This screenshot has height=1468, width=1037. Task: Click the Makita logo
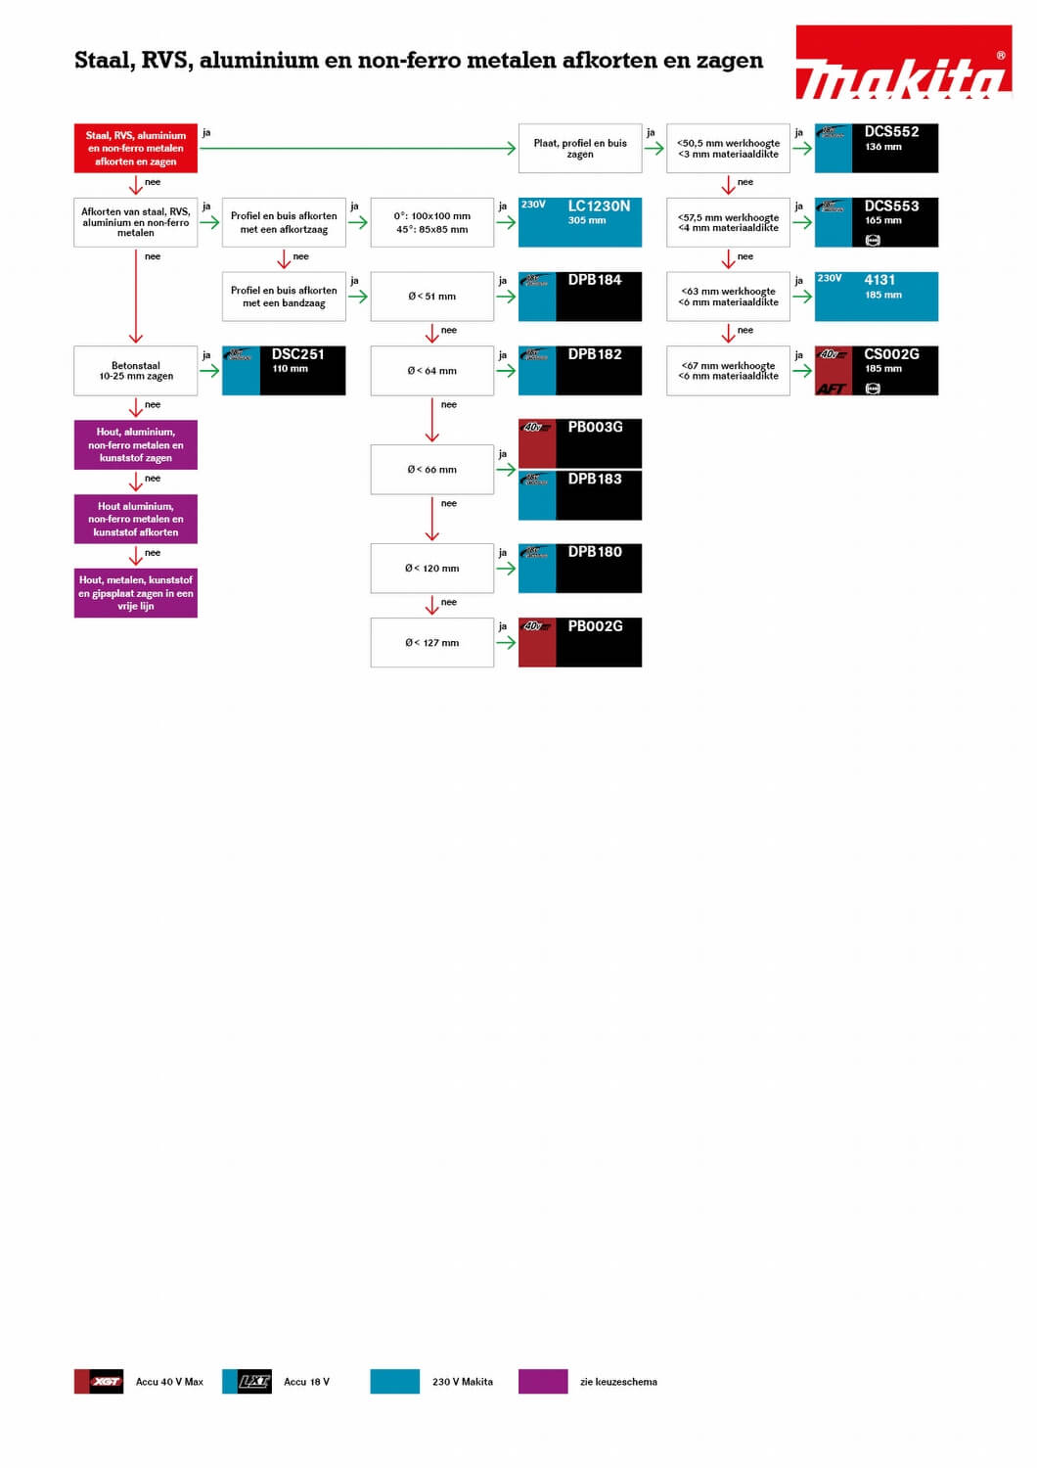click(x=903, y=63)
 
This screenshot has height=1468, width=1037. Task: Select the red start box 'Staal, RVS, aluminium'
click(x=136, y=149)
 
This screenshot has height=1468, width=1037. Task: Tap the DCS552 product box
click(x=877, y=149)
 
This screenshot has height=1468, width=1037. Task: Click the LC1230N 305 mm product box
click(x=580, y=222)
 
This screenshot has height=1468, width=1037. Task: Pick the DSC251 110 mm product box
click(x=284, y=371)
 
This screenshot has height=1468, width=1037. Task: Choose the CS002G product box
click(x=877, y=371)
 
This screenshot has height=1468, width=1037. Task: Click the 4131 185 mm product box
click(x=877, y=297)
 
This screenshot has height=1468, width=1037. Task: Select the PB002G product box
click(x=580, y=643)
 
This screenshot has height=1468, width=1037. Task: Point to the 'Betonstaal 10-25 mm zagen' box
click(x=136, y=371)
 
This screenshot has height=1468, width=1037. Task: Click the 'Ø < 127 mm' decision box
click(x=431, y=643)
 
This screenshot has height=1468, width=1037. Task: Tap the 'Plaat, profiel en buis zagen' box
click(x=580, y=149)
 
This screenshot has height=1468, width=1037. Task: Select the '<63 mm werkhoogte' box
click(x=728, y=297)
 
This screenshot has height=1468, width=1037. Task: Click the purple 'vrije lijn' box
click(x=136, y=593)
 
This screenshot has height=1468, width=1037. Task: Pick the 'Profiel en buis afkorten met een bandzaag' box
click(x=284, y=297)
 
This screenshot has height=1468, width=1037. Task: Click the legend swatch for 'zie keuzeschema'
click(x=543, y=1381)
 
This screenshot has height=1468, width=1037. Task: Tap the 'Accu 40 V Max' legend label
click(x=169, y=1382)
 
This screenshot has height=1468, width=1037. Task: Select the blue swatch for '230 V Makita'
click(x=395, y=1381)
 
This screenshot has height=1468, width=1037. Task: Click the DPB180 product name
click(x=595, y=552)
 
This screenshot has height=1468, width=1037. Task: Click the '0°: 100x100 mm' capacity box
click(x=431, y=222)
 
